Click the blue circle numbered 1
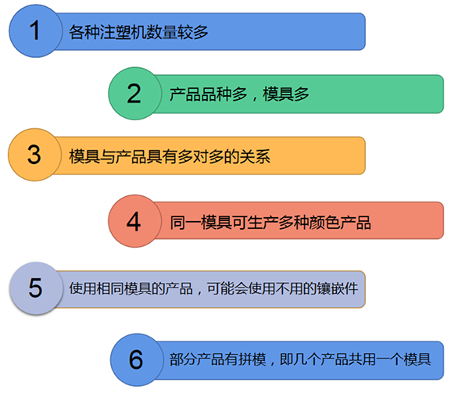click(x=36, y=31)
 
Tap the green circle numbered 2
click(x=135, y=94)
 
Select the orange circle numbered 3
click(x=34, y=155)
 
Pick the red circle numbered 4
click(x=134, y=221)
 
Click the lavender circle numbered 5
click(x=36, y=288)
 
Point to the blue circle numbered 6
click(x=137, y=360)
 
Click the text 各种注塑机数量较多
click(x=138, y=32)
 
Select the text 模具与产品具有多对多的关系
click(x=170, y=156)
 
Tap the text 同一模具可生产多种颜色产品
click(x=270, y=223)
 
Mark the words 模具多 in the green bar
click(x=286, y=94)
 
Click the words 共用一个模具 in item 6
click(x=389, y=359)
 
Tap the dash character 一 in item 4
click(x=193, y=223)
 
